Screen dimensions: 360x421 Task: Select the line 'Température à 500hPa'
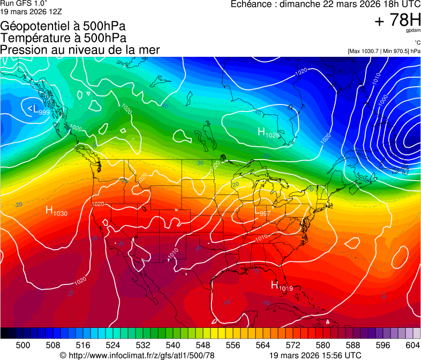point(63,38)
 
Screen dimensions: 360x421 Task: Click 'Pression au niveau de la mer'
point(80,50)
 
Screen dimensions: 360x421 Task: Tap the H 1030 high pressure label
point(56,211)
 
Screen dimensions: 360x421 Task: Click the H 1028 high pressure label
point(268,132)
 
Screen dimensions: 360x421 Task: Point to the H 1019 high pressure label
point(281,287)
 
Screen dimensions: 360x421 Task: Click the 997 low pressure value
point(265,213)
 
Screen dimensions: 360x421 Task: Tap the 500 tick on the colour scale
point(23,345)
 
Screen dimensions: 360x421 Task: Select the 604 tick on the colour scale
point(413,345)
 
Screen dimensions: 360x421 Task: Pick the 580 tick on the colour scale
point(323,345)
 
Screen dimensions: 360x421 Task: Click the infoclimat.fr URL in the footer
point(137,355)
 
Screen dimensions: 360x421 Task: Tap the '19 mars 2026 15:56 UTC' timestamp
point(314,355)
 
